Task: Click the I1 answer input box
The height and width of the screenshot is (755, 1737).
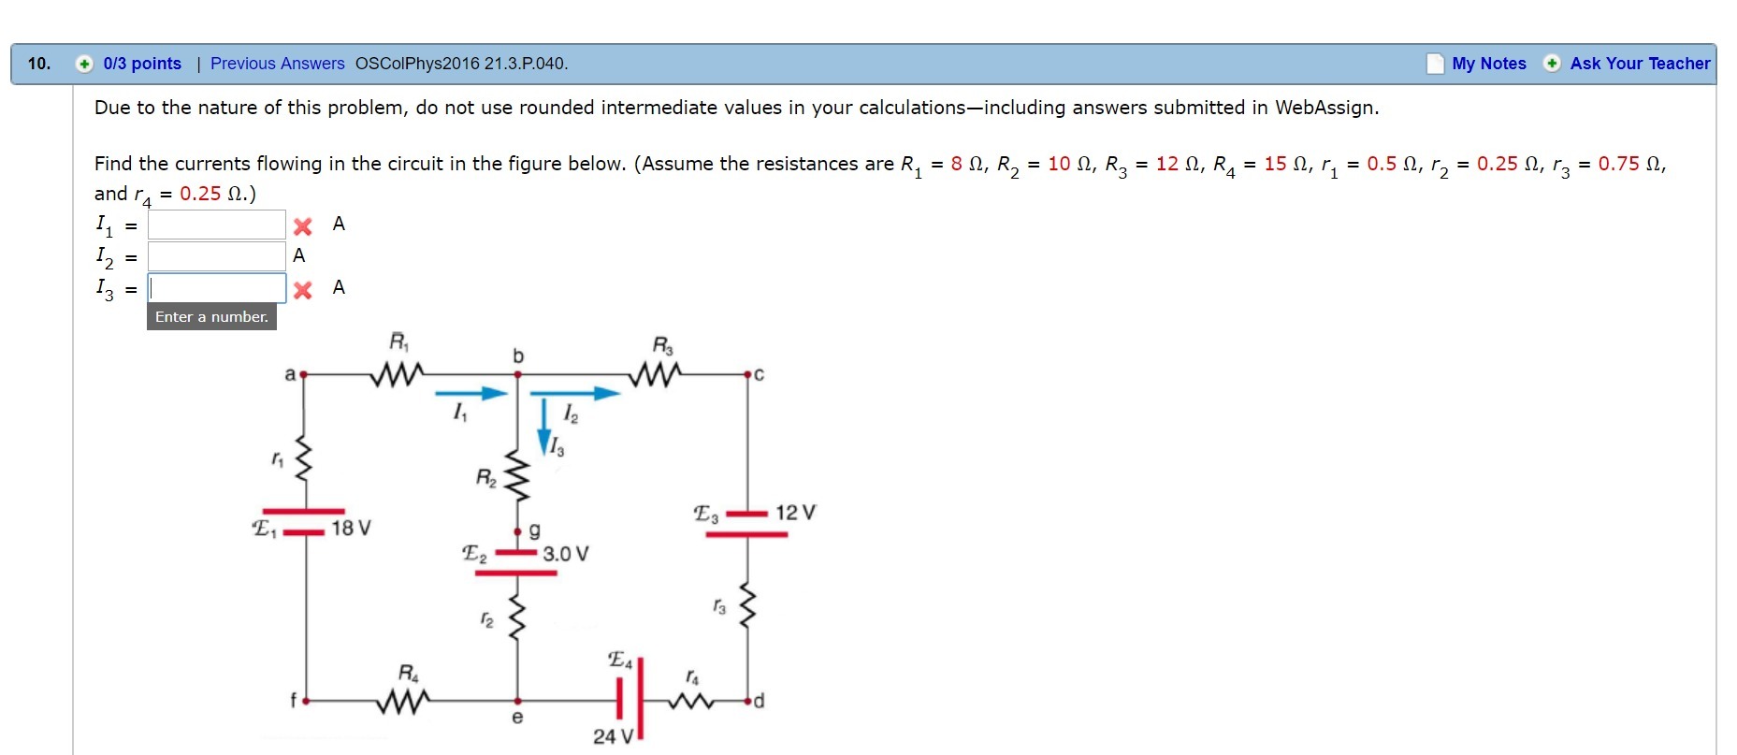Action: (216, 225)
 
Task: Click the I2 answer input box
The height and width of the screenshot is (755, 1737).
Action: (216, 256)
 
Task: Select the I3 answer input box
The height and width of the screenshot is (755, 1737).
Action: (216, 288)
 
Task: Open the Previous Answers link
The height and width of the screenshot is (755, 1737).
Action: (277, 64)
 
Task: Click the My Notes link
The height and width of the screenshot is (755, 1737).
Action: (1488, 64)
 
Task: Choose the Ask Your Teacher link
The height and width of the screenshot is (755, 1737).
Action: (1639, 64)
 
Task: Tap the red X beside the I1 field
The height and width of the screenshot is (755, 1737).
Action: (302, 226)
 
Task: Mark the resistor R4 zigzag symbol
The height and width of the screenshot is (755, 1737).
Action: (403, 700)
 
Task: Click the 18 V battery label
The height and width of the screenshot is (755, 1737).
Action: (351, 529)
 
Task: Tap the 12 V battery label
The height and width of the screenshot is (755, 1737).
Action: (795, 513)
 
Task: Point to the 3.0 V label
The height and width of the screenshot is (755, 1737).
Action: (565, 554)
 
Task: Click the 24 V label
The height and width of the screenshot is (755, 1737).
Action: (613, 736)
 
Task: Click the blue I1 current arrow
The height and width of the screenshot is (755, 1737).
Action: (471, 394)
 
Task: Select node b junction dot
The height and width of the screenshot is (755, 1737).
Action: (517, 374)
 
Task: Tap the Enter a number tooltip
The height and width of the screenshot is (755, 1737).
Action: (211, 317)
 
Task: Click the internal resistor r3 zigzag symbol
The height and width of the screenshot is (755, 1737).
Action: (746, 606)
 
